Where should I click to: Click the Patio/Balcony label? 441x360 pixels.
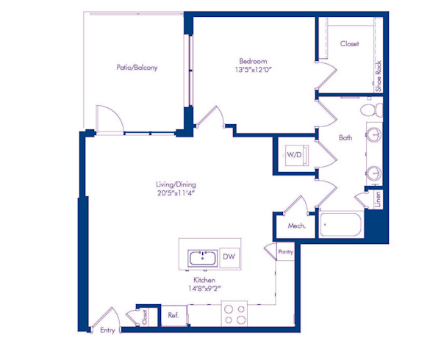click(x=137, y=68)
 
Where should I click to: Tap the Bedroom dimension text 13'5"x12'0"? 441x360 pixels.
click(x=252, y=71)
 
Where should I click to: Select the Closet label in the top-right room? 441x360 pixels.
click(x=350, y=44)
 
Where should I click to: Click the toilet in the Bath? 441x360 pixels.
click(x=371, y=111)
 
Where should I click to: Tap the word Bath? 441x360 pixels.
click(x=345, y=137)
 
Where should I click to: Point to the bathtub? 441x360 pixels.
click(x=339, y=223)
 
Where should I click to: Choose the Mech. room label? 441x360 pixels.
click(x=296, y=226)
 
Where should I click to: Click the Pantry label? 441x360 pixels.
click(x=286, y=252)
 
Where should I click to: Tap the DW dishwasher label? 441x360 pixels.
click(x=229, y=257)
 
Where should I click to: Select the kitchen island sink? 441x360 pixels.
click(x=201, y=258)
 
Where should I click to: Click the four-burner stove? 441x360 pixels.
click(x=234, y=314)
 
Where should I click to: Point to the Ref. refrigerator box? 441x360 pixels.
click(x=173, y=315)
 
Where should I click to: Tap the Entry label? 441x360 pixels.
click(x=107, y=331)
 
